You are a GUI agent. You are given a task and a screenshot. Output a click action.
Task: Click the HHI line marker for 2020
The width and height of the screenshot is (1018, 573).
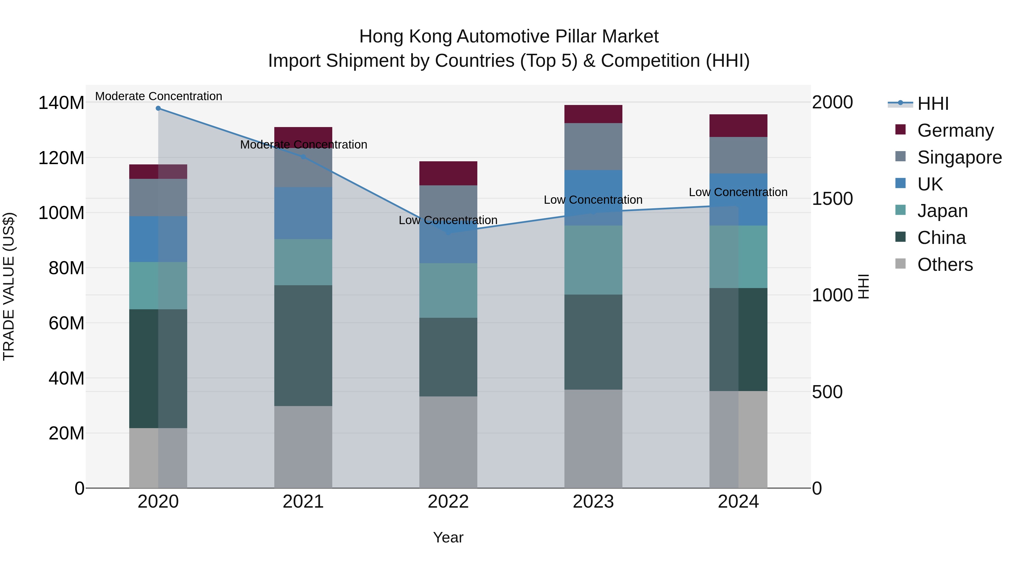(158, 108)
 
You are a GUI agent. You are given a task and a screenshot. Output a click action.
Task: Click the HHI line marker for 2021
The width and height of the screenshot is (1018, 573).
(303, 156)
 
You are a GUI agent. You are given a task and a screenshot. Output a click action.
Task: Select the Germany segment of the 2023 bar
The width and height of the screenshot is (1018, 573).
(593, 114)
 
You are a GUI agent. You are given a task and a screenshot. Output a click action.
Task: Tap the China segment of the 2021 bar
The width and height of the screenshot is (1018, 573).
(303, 345)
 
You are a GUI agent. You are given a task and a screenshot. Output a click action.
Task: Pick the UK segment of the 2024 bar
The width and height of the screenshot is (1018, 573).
(738, 199)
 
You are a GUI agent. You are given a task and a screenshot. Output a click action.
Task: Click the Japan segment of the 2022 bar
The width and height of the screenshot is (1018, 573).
(448, 290)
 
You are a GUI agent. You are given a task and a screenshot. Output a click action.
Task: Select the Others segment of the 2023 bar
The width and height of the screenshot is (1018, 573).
(593, 439)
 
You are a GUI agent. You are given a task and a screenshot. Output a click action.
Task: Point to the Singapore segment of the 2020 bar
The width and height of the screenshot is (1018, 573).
(158, 197)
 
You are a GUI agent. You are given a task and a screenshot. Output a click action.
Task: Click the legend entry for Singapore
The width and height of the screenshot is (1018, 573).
(959, 157)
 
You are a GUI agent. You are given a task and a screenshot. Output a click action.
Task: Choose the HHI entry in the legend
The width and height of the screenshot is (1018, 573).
(933, 104)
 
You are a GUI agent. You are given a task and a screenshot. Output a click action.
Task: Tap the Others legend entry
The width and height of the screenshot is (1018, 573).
(944, 265)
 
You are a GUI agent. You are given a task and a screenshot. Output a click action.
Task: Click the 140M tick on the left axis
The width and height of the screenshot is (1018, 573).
(61, 103)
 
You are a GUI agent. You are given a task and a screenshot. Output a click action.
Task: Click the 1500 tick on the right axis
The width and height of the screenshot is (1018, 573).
(832, 199)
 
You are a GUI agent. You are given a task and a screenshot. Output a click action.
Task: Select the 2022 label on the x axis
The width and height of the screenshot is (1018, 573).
(448, 502)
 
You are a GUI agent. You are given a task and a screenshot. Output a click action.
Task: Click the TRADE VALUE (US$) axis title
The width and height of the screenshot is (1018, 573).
(9, 286)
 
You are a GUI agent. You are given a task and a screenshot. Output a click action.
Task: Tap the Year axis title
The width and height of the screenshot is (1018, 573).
(448, 537)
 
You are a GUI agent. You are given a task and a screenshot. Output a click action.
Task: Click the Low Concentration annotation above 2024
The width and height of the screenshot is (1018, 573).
(738, 192)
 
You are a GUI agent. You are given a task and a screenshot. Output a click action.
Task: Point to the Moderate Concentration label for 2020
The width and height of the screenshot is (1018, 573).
(158, 96)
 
